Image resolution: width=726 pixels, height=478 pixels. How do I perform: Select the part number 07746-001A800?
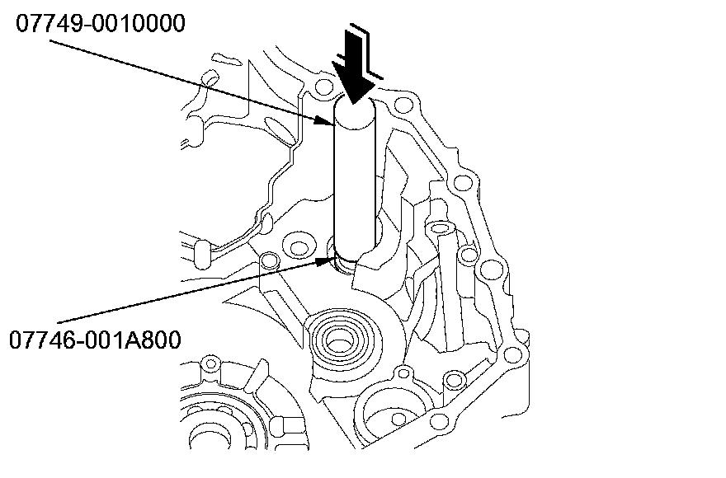pyautogui.click(x=96, y=339)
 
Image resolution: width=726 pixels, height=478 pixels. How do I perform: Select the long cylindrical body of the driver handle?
pyautogui.click(x=354, y=181)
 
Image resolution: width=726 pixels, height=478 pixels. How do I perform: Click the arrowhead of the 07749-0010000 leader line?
pyautogui.click(x=329, y=120)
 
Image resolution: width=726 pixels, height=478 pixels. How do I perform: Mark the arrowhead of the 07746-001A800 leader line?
pyautogui.click(x=328, y=262)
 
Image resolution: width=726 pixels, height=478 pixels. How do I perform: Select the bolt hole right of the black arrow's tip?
pyautogui.click(x=403, y=106)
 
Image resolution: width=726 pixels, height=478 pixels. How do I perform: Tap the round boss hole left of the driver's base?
pyautogui.click(x=295, y=246)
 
